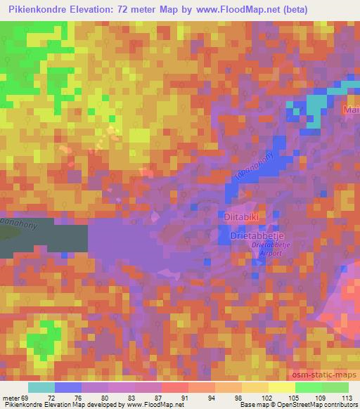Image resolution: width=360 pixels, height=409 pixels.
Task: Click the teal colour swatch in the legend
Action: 41,387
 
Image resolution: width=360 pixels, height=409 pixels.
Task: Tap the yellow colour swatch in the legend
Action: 282,387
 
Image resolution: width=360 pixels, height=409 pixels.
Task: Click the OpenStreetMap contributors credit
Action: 321,404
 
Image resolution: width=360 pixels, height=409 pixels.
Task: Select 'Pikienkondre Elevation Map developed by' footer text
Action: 63,404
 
